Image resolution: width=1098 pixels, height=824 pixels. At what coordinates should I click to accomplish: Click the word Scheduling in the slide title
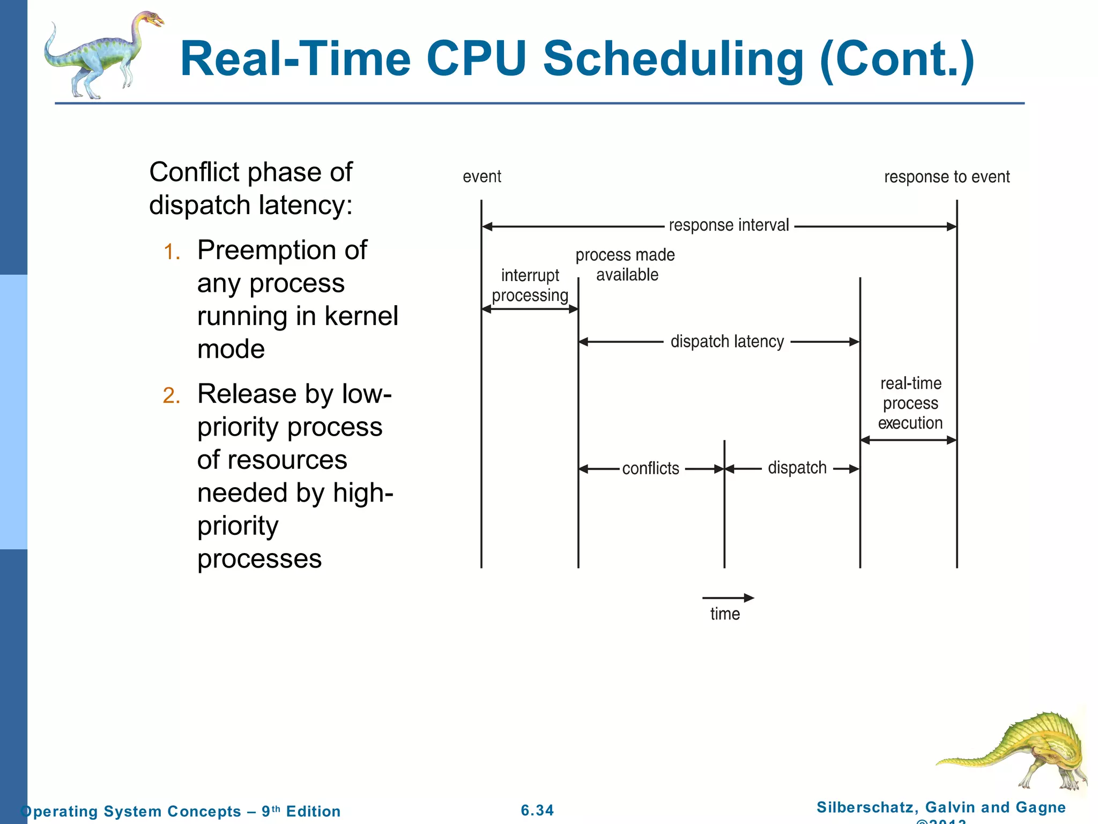tap(673, 60)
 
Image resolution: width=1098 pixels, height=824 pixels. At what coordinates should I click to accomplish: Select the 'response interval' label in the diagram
tap(729, 225)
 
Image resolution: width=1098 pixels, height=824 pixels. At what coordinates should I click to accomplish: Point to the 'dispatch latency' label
tap(727, 342)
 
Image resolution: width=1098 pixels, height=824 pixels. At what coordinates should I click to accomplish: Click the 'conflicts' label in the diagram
tap(650, 468)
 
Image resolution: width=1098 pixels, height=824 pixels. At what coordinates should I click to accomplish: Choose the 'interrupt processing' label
tap(530, 285)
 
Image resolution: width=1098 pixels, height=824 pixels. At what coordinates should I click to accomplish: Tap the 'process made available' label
tap(625, 264)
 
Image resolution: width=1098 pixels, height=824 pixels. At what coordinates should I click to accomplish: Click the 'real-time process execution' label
tap(910, 403)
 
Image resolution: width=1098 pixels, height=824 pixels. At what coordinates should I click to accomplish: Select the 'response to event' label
tap(947, 177)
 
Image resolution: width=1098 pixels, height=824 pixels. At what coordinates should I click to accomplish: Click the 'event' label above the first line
tap(481, 176)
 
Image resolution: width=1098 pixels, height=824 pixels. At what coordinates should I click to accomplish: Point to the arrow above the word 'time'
tap(728, 598)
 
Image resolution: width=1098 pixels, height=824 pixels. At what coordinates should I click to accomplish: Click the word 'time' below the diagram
tap(725, 614)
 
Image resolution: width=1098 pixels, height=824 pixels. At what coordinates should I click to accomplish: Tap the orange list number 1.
tap(172, 252)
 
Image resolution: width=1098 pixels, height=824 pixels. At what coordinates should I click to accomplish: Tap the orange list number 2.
tap(172, 396)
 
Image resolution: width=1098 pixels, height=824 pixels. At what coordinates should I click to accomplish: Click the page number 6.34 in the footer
tap(537, 810)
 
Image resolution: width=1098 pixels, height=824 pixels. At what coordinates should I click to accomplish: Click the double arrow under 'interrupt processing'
tap(530, 309)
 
